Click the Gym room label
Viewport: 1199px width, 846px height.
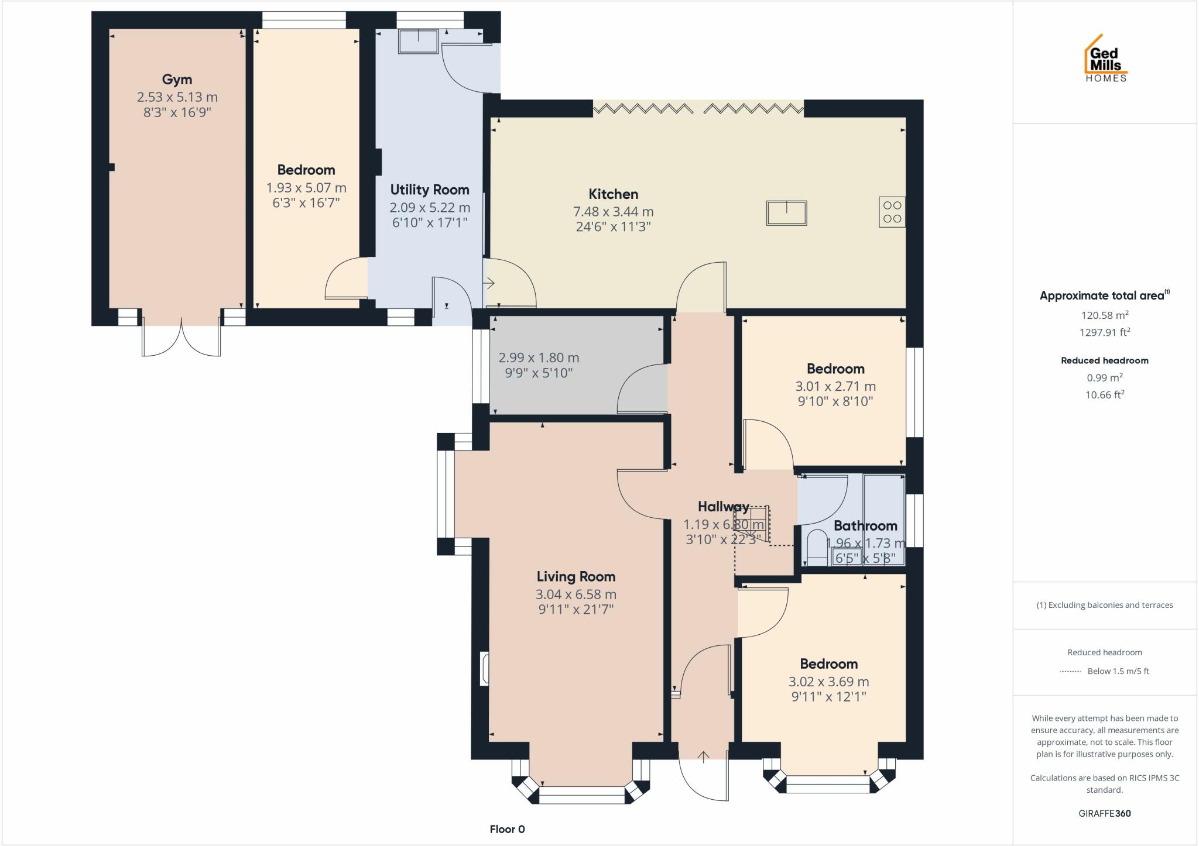point(177,80)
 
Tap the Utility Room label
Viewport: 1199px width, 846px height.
point(430,190)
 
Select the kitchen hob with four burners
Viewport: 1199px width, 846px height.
point(892,212)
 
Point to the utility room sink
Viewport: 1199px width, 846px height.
point(419,41)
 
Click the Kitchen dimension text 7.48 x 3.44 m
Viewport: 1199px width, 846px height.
point(613,212)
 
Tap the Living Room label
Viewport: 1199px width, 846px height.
point(575,577)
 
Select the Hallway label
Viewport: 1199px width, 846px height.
point(723,507)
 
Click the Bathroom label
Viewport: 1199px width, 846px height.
point(865,525)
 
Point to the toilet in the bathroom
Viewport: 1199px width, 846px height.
point(816,545)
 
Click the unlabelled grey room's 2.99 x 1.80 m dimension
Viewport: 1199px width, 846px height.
point(539,357)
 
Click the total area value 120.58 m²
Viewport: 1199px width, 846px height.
point(1104,315)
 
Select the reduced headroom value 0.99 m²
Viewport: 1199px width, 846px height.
point(1104,378)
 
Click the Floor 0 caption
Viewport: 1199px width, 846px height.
point(507,829)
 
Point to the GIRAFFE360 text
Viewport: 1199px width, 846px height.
point(1104,813)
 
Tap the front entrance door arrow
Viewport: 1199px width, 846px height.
point(703,756)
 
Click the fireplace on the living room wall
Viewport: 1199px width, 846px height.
point(484,668)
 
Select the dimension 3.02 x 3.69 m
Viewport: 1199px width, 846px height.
point(828,682)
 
